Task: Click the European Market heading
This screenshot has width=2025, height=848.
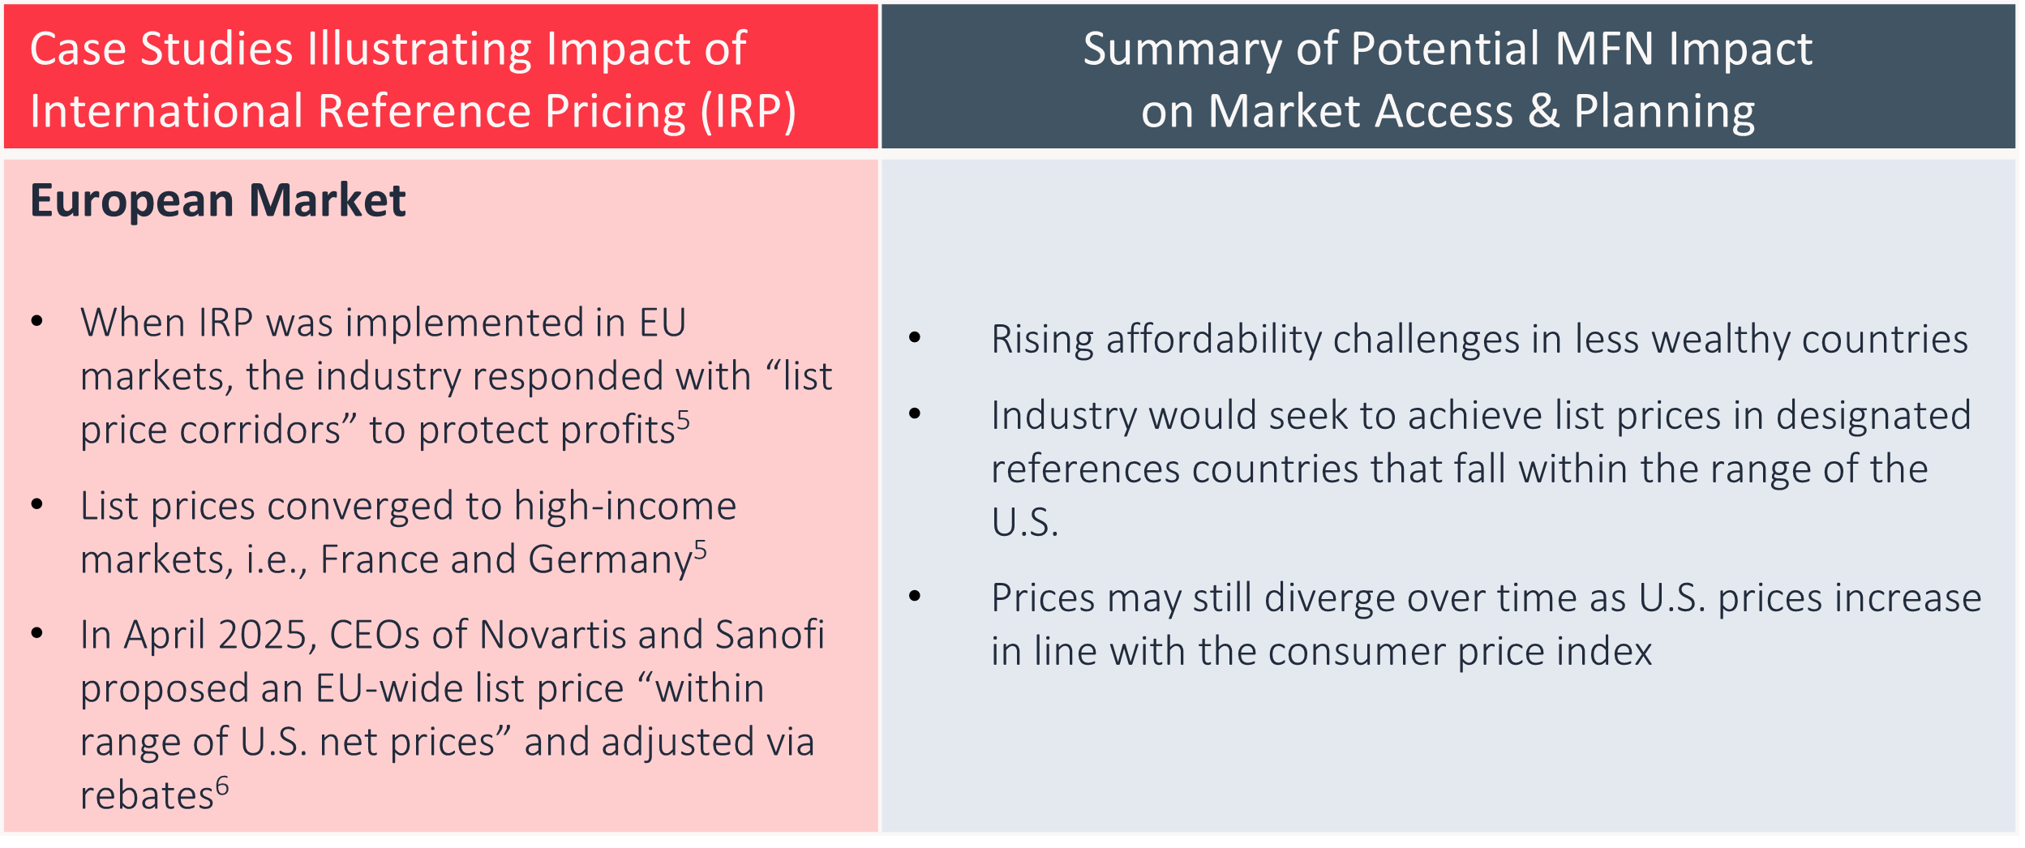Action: [x=217, y=201]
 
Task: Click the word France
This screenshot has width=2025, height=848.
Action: [x=377, y=559]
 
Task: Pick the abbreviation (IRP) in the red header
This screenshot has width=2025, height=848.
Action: [x=749, y=112]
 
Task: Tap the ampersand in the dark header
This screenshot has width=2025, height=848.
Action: [x=1544, y=111]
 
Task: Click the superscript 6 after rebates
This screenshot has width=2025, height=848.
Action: [x=222, y=786]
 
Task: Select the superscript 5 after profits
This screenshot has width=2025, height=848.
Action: [x=684, y=420]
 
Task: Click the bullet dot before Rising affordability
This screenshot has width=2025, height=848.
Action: [x=915, y=337]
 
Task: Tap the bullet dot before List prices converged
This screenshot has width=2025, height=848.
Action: [x=36, y=504]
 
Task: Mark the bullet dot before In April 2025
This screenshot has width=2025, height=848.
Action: [x=36, y=633]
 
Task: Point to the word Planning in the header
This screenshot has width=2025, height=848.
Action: [x=1664, y=112]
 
